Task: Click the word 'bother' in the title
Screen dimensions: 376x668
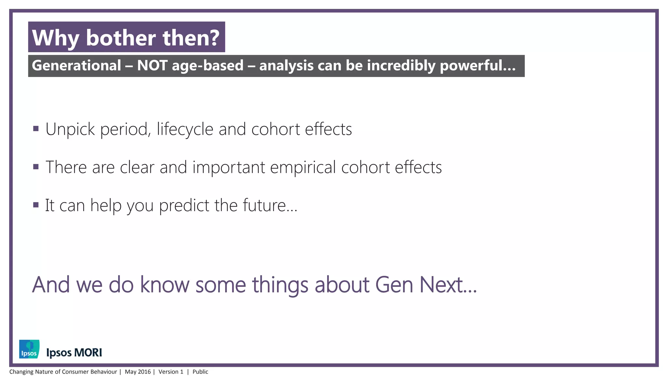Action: tap(121, 38)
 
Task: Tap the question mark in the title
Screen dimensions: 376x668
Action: tap(214, 38)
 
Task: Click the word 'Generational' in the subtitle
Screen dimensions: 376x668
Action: tap(76, 66)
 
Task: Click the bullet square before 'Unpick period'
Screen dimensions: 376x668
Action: tap(36, 129)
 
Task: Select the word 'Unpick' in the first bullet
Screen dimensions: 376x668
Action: tap(70, 129)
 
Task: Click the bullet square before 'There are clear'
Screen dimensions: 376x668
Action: tap(36, 167)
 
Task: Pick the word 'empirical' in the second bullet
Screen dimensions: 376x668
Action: tap(303, 167)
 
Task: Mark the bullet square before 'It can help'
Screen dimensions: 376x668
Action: tap(36, 205)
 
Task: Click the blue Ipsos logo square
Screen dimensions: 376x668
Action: tap(29, 349)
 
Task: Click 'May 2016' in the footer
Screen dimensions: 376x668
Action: tap(138, 372)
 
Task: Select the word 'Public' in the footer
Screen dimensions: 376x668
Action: tap(200, 372)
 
